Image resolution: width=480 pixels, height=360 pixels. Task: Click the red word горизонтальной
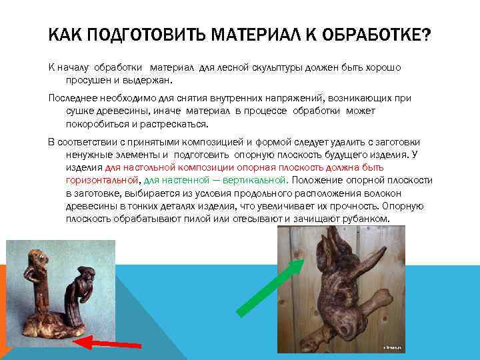point(102,180)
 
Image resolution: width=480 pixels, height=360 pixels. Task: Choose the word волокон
point(413,193)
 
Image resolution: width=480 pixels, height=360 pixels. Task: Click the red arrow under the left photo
point(107,344)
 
